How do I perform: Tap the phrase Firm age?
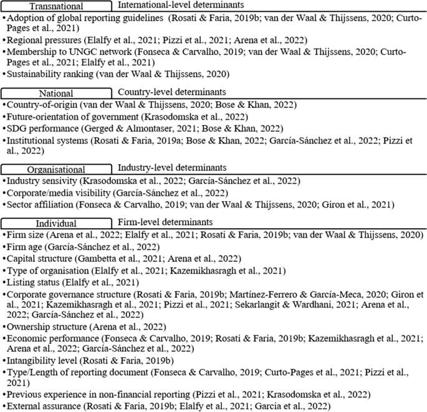tap(26, 246)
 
